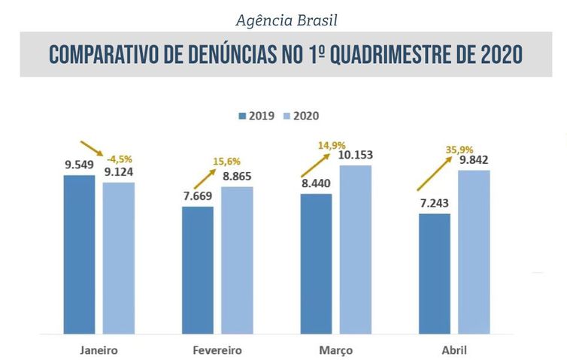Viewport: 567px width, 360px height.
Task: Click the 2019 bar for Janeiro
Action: (x=79, y=254)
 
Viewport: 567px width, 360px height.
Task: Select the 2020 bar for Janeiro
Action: (x=119, y=258)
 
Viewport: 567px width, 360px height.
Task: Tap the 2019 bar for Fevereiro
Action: (x=198, y=270)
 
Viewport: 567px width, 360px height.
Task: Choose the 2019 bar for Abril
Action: (x=435, y=274)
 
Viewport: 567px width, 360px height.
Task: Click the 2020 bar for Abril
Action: (x=474, y=252)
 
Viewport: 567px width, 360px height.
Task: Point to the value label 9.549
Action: (x=80, y=163)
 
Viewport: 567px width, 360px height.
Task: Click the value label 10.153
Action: (x=356, y=155)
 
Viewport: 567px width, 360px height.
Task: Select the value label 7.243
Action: (x=434, y=203)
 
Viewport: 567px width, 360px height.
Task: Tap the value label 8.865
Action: (x=237, y=177)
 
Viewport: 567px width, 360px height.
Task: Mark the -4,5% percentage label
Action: (x=120, y=159)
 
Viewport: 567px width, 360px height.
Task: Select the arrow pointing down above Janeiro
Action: (x=93, y=150)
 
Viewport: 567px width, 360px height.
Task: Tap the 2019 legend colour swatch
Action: (x=242, y=116)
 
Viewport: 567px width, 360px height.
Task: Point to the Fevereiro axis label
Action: (x=217, y=350)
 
